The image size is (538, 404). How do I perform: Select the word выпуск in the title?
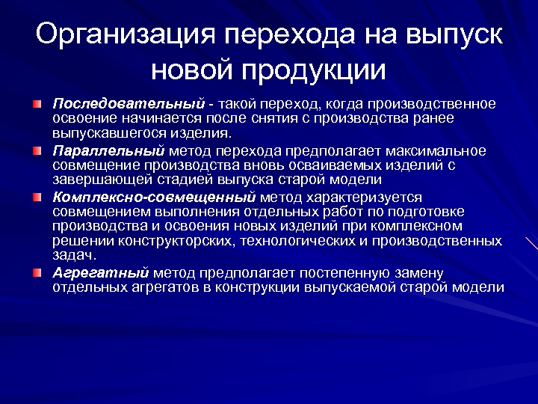pyautogui.click(x=454, y=35)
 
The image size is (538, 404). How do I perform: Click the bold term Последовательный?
pyautogui.click(x=128, y=102)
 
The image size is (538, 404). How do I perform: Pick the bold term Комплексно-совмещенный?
pyautogui.click(x=154, y=198)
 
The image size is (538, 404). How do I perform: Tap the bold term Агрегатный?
pyautogui.click(x=100, y=272)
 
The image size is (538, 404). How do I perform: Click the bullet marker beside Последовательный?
pyautogui.click(x=37, y=102)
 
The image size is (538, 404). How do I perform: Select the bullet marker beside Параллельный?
pyautogui.click(x=37, y=150)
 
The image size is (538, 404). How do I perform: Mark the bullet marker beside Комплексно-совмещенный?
pyautogui.click(x=37, y=198)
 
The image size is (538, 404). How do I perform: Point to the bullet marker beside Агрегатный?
pyautogui.click(x=37, y=272)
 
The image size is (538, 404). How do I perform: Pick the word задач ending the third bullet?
pyautogui.click(x=73, y=254)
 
